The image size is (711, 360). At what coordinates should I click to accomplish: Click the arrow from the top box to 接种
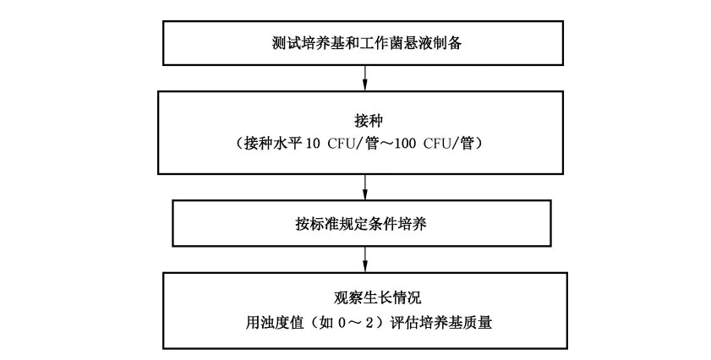[365, 78]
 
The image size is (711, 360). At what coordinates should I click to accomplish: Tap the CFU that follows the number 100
[435, 145]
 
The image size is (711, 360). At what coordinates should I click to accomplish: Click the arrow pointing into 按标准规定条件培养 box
[365, 188]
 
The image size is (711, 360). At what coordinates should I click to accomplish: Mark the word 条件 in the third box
[383, 224]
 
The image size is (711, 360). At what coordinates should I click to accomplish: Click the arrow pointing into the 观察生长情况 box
[365, 259]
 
